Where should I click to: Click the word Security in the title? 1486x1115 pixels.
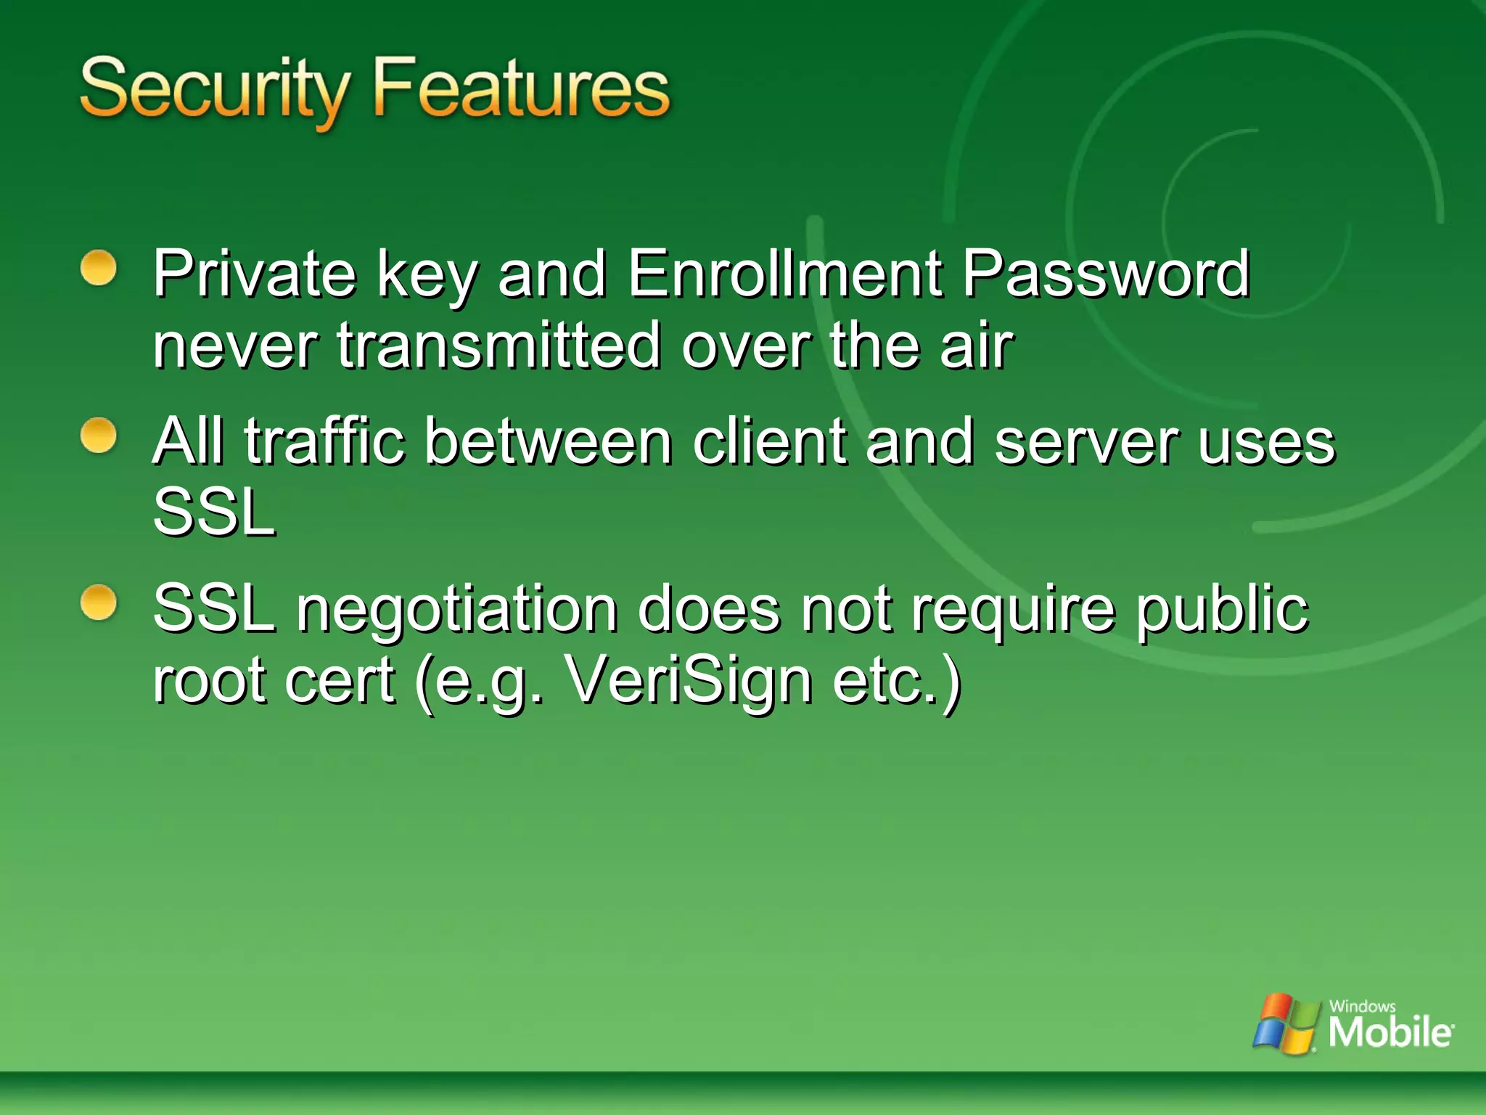[215, 89]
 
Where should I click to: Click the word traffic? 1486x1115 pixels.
[324, 441]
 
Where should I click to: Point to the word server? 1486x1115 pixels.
[1086, 442]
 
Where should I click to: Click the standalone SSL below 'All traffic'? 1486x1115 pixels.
[215, 512]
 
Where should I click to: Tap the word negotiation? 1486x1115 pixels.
[457, 609]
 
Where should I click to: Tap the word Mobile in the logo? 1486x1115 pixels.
[1390, 1032]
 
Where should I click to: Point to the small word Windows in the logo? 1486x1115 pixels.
[1362, 1006]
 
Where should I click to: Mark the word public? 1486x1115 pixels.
[1222, 609]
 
